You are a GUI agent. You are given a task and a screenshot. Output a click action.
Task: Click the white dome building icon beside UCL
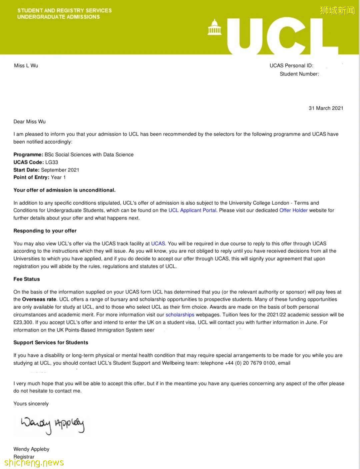coord(214,27)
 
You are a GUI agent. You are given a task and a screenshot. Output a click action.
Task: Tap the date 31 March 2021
coord(326,108)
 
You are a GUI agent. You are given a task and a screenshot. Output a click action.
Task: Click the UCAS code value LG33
coord(52,162)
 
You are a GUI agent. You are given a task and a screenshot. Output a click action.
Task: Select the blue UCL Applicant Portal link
coord(193,210)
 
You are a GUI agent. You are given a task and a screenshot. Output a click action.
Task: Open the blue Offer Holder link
coord(293,210)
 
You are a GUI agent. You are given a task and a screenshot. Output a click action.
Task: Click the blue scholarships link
coord(180,314)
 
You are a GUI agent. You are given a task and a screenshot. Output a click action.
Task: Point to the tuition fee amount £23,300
coord(23,322)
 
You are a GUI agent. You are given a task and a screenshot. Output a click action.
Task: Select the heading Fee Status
coord(27,279)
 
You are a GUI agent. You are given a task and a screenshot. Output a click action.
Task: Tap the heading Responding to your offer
coord(45,231)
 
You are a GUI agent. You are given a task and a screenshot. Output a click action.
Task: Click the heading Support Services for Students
coord(51,342)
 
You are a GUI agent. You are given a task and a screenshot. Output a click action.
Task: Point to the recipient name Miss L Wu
coord(26,66)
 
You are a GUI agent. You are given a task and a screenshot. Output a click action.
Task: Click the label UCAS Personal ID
coord(291,66)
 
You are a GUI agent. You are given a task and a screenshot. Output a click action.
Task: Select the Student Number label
coord(299,74)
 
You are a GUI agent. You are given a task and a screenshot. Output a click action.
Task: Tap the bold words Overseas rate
coord(39,299)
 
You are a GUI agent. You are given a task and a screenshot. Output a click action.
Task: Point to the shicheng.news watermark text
coord(34,462)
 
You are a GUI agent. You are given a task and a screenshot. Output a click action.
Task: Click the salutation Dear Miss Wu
coord(29,122)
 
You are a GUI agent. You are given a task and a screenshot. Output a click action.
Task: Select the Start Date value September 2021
coord(60,170)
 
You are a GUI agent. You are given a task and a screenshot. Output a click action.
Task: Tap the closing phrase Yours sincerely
coord(31,404)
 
